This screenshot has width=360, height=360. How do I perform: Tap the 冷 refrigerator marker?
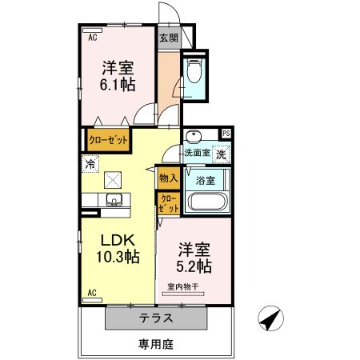click(90, 163)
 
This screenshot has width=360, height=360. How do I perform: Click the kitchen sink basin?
click(113, 200)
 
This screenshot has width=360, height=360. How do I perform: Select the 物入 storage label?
click(167, 178)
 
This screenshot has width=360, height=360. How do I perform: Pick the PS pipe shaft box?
click(226, 134)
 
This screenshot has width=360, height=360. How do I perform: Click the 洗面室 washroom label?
click(196, 153)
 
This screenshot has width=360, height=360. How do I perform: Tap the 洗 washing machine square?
click(221, 153)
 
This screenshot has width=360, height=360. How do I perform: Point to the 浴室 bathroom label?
click(205, 180)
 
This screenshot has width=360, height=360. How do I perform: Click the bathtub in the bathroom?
click(208, 201)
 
